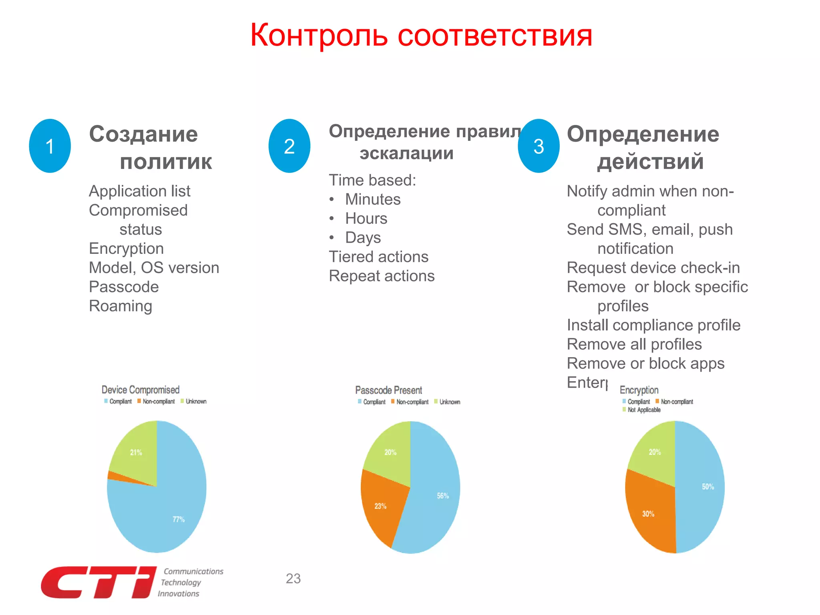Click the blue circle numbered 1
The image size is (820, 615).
50,146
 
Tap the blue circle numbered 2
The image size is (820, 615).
289,146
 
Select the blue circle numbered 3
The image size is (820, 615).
539,146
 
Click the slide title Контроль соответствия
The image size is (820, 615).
421,35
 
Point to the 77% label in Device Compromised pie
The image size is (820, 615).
179,519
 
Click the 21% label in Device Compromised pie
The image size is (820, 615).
136,452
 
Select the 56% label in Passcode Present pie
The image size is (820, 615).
443,496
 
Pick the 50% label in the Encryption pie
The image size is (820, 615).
708,486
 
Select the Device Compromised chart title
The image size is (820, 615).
141,390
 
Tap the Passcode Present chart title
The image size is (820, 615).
388,390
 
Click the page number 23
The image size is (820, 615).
293,579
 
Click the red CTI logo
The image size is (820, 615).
98,582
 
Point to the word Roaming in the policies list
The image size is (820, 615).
121,306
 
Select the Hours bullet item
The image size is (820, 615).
366,219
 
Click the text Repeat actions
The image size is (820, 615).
382,276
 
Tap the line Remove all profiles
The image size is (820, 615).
634,344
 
